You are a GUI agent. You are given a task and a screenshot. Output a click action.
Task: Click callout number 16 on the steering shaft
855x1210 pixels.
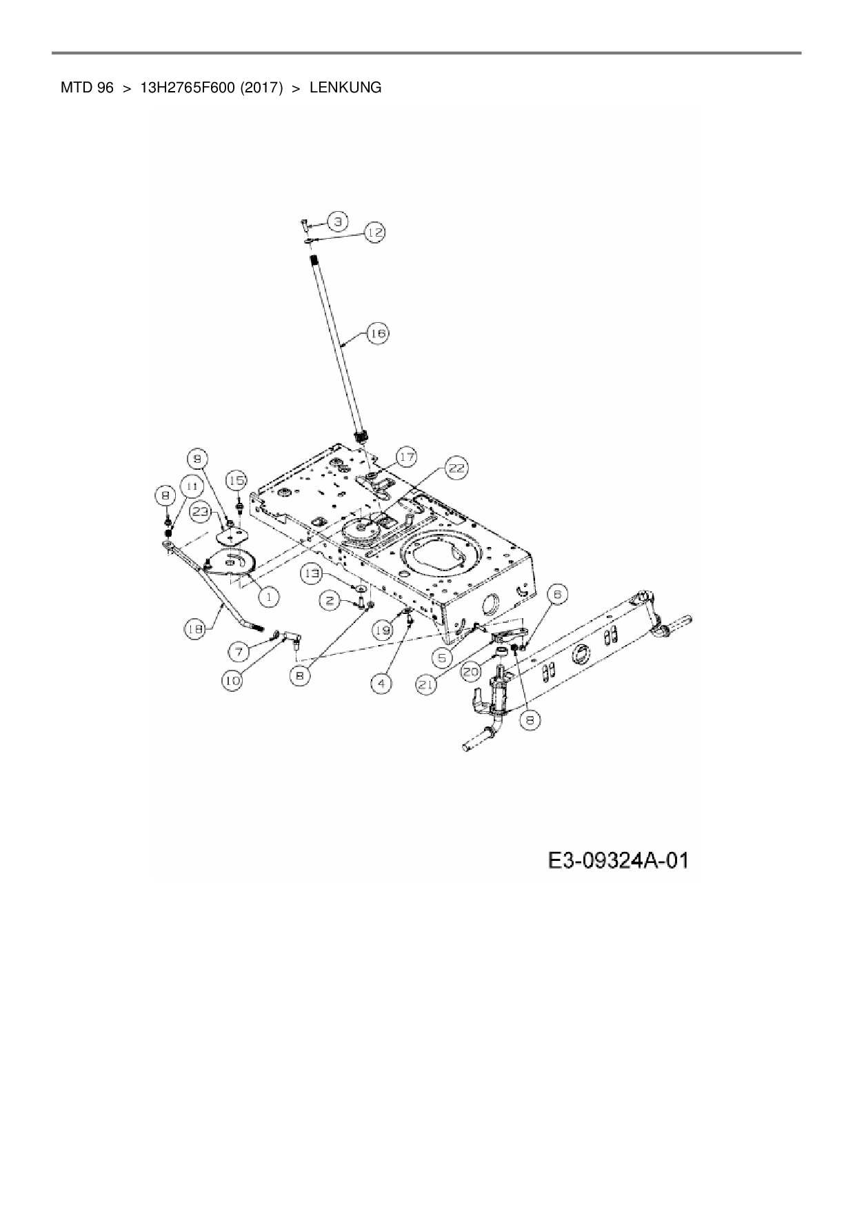pos(378,334)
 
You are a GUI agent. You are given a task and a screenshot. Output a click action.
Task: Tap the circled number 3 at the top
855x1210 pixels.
pos(336,221)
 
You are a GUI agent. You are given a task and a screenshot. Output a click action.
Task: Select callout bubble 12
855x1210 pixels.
pos(374,233)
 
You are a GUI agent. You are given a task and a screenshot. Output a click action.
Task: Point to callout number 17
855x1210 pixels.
pos(407,457)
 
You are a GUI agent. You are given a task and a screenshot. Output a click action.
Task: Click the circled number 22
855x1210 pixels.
pos(456,469)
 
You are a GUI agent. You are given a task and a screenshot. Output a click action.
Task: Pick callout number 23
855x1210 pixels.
pos(201,512)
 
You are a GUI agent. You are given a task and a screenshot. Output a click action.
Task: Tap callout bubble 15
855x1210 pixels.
pos(237,480)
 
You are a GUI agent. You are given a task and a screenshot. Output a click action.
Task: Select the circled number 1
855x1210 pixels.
pos(268,596)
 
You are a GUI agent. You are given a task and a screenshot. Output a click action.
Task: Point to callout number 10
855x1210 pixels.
pos(232,681)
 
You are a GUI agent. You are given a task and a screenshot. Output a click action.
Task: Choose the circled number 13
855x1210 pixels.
pos(314,573)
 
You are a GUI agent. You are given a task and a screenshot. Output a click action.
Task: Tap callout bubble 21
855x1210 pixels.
pos(429,684)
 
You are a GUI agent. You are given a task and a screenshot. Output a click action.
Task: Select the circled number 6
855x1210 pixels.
pos(557,593)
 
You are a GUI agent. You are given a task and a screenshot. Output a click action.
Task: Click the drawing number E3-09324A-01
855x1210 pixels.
pos(618,860)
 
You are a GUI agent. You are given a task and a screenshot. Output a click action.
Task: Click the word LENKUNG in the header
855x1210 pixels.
pos(345,88)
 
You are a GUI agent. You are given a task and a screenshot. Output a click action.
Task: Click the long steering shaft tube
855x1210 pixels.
pos(336,345)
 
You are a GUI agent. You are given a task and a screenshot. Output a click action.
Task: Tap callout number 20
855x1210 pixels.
pos(472,669)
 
